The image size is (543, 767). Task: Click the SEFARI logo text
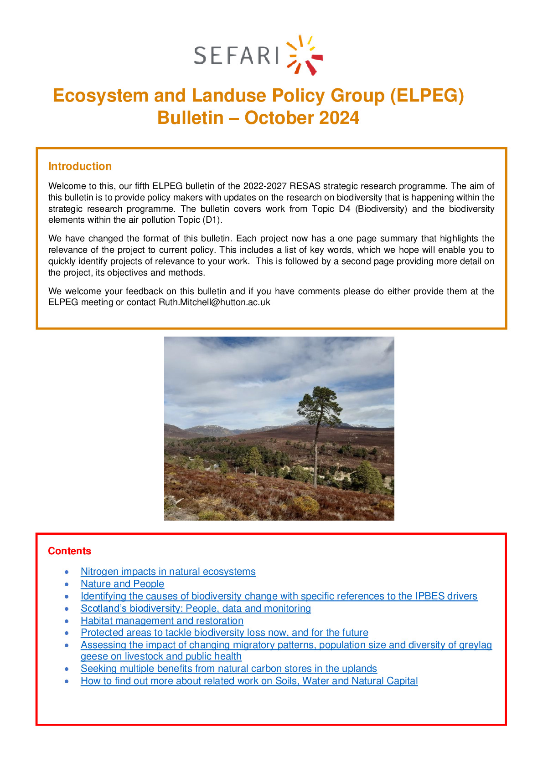coord(236,56)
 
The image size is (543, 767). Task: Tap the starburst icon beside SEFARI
coord(305,55)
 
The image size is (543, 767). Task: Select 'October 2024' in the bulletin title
coord(302,118)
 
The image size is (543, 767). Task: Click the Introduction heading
coord(80,166)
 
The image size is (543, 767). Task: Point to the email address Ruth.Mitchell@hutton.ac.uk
coord(214,302)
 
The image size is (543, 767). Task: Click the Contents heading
coord(69,551)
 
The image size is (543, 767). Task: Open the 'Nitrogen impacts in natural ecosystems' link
coord(168,572)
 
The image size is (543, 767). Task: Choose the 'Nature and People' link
coord(122,584)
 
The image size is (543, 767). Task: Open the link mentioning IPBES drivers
coord(279,596)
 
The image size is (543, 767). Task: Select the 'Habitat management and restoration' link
coord(162,621)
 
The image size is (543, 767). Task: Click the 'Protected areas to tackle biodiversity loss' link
coord(224,633)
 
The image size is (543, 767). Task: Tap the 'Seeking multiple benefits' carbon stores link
coord(228,669)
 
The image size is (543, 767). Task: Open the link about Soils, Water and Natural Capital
coord(249,681)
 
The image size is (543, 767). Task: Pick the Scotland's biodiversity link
coord(196,608)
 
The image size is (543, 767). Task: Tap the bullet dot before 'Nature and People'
coord(67,584)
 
